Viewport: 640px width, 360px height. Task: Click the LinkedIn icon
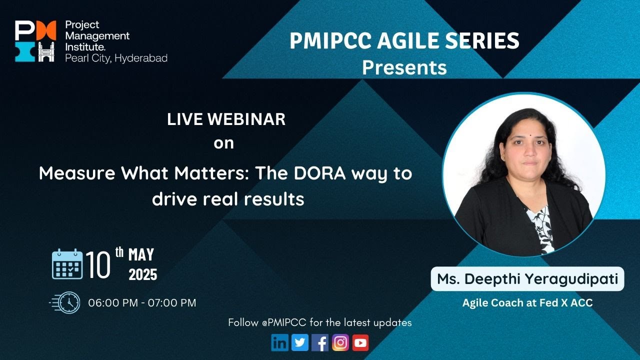pyautogui.click(x=280, y=342)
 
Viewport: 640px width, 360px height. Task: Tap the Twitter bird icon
pyautogui.click(x=300, y=342)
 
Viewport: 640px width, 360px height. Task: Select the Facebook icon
pyautogui.click(x=320, y=342)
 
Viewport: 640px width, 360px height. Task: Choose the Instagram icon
pyautogui.click(x=340, y=342)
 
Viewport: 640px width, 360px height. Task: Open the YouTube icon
pyautogui.click(x=360, y=342)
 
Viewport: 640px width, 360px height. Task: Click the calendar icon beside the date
pyautogui.click(x=67, y=264)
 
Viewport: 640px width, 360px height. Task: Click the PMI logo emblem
pyautogui.click(x=34, y=41)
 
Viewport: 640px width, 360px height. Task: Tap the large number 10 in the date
pyautogui.click(x=98, y=264)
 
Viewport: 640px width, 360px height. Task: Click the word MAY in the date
pyautogui.click(x=141, y=255)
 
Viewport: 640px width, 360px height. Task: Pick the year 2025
pyautogui.click(x=143, y=274)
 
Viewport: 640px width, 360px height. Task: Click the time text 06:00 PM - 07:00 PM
pyautogui.click(x=142, y=302)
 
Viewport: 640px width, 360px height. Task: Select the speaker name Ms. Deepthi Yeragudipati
pyautogui.click(x=527, y=279)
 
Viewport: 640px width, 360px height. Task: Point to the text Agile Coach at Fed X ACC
pyautogui.click(x=527, y=303)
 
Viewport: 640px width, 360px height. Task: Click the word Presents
pyautogui.click(x=404, y=67)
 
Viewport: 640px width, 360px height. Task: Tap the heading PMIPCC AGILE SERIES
pyautogui.click(x=404, y=41)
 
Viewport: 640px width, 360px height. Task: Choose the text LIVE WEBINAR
pyautogui.click(x=226, y=119)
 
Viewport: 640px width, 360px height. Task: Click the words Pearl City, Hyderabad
pyautogui.click(x=116, y=58)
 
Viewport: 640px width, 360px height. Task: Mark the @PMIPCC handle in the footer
pyautogui.click(x=284, y=322)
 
